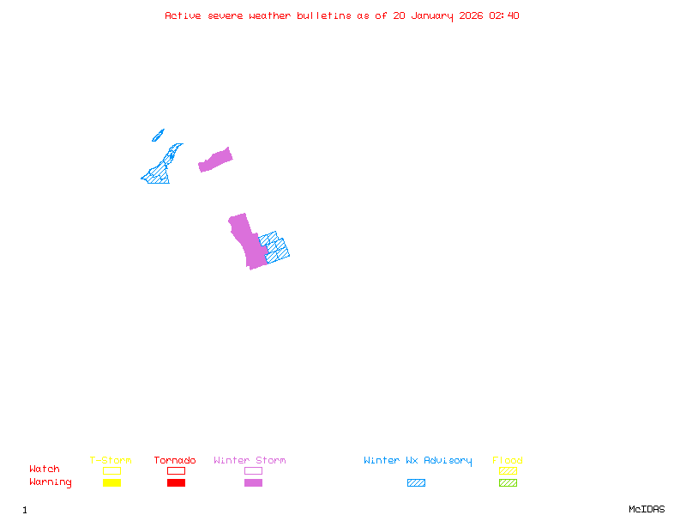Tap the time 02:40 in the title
tap(503, 15)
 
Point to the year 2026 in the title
tap(472, 15)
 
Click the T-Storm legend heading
tap(111, 461)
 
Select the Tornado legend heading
tap(175, 461)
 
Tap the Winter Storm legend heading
tap(250, 461)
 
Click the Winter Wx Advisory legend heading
tap(418, 461)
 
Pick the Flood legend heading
tap(508, 461)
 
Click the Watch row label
tap(45, 470)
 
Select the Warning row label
tap(51, 482)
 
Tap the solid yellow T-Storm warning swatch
tap(111, 483)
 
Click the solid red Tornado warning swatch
tap(176, 483)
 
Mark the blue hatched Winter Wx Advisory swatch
tap(416, 483)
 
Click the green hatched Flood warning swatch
tap(508, 483)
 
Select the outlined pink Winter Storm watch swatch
tap(253, 471)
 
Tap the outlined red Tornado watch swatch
tap(176, 471)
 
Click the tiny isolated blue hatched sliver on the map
tap(158, 136)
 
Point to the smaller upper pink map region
tap(216, 160)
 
